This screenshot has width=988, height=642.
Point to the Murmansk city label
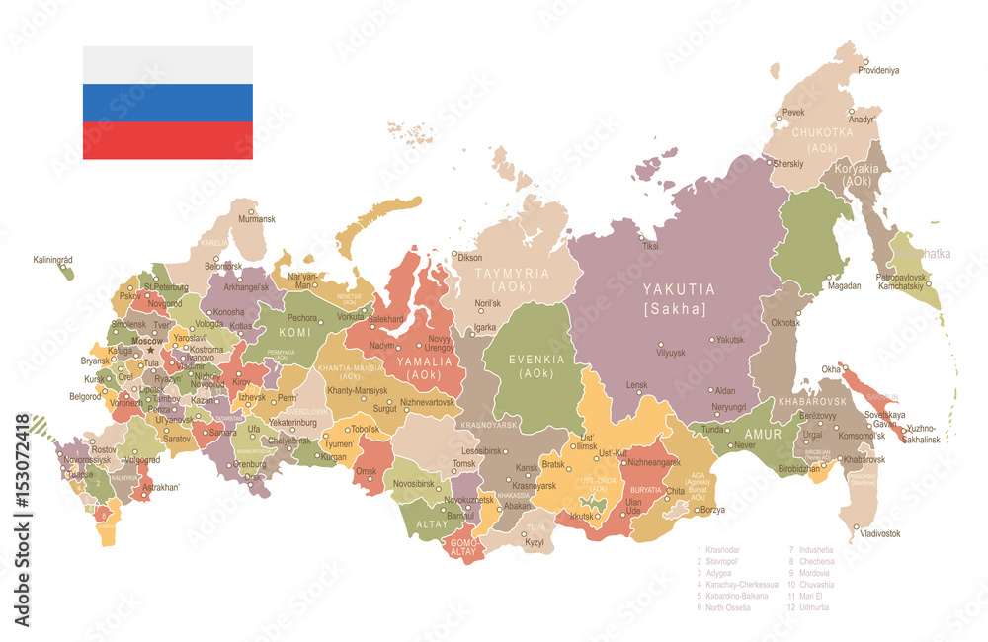(256, 219)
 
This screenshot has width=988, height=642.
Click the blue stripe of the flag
(167, 103)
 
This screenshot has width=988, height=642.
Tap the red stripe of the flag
(167, 140)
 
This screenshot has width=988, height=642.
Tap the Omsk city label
(367, 470)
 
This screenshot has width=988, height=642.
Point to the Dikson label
(470, 257)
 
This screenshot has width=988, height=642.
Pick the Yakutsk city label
(729, 339)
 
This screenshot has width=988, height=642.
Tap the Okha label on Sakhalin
(830, 369)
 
